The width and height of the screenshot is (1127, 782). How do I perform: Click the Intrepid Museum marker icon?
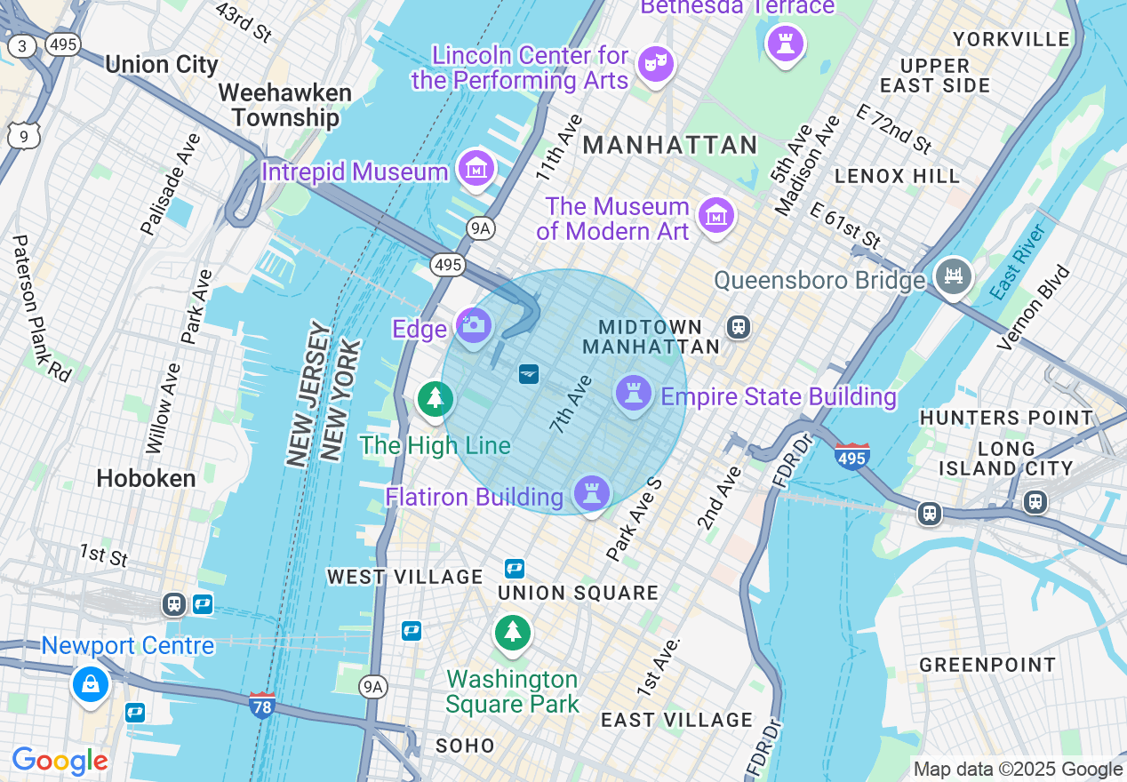point(476,167)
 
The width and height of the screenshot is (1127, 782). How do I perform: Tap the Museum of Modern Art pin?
point(715,215)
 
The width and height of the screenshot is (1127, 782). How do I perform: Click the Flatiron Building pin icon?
point(592,491)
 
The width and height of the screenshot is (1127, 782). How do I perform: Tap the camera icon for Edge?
point(474,325)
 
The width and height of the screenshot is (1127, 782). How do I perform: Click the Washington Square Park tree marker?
point(512,632)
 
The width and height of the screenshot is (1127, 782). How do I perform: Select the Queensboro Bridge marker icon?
point(953,275)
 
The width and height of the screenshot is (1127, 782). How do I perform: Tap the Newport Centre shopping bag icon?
point(91,683)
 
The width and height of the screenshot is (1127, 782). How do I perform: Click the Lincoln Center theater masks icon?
point(656,63)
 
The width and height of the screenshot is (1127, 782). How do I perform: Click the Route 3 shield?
point(22,46)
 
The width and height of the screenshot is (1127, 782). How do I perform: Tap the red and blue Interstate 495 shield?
point(851,457)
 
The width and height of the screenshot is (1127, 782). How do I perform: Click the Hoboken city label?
point(146,479)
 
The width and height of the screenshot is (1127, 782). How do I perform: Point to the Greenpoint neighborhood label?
point(987,665)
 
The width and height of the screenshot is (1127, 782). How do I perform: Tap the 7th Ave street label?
point(571,404)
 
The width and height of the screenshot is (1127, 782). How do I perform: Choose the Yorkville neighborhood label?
point(1011,39)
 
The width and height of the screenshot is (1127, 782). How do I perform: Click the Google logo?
point(60,761)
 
